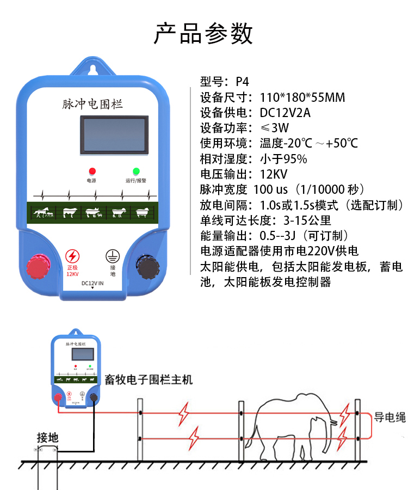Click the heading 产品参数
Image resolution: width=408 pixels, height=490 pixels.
(203, 33)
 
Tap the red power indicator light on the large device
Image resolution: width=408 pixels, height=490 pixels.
(92, 171)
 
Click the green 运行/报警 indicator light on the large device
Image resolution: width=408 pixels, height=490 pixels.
(136, 171)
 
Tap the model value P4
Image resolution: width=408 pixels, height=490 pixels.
(242, 82)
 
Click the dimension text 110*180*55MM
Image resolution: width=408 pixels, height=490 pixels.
(302, 98)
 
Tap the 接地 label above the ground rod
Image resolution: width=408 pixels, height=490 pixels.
(47, 437)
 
